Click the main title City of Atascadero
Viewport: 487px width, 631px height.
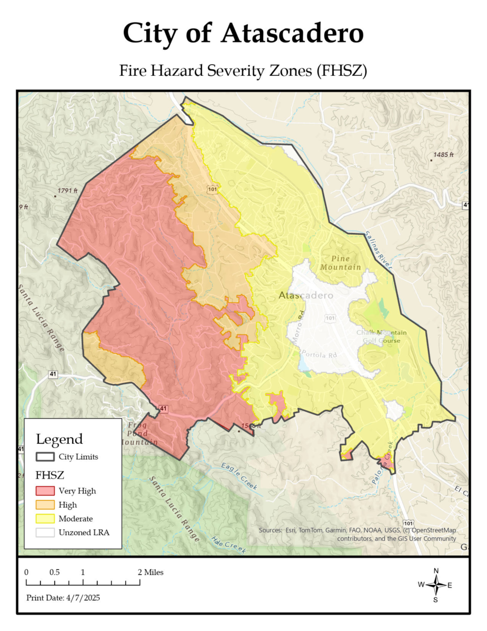tap(243, 33)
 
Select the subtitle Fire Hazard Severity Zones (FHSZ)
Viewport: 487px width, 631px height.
tap(243, 71)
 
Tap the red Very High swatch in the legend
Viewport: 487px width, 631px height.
tap(45, 491)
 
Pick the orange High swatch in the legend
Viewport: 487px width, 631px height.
tap(45, 505)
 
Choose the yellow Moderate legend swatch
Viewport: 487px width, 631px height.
tap(45, 518)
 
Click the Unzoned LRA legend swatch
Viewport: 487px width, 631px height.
tap(45, 532)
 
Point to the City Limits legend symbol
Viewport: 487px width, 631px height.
tap(45, 457)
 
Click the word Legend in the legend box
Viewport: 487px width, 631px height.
tap(59, 439)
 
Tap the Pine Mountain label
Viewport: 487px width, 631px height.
tap(341, 263)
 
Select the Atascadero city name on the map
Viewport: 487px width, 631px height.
tap(306, 295)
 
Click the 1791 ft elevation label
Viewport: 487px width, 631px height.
tap(67, 191)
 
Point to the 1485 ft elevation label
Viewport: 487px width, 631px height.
tap(443, 155)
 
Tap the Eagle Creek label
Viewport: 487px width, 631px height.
tap(239, 476)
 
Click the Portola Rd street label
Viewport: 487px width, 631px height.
tap(319, 355)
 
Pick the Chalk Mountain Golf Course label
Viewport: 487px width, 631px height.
tap(381, 336)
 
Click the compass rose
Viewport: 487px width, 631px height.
tap(436, 585)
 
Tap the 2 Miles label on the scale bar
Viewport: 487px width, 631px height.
tap(151, 572)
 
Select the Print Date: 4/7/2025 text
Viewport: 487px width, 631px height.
tap(63, 598)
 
